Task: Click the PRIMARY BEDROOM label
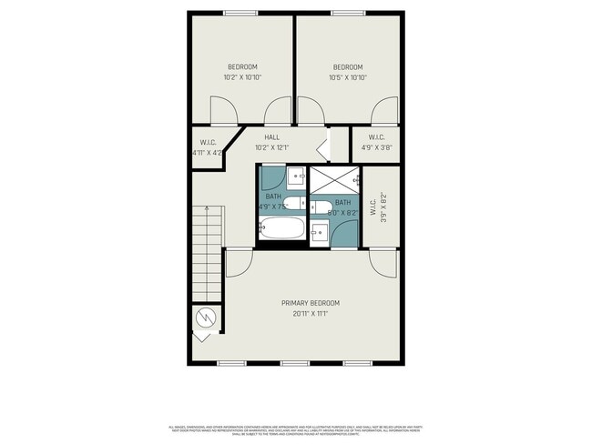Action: tap(310, 303)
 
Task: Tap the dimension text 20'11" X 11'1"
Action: tap(310, 314)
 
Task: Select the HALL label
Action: tap(271, 137)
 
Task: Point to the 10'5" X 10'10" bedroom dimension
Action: tap(347, 77)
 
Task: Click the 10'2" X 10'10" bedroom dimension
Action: tap(241, 77)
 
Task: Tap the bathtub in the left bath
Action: tap(281, 228)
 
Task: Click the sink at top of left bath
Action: tap(297, 176)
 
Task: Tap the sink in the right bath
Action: tap(320, 232)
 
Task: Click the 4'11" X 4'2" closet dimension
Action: tap(209, 153)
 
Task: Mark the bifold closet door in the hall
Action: tap(323, 146)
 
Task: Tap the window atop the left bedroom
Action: tap(240, 13)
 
